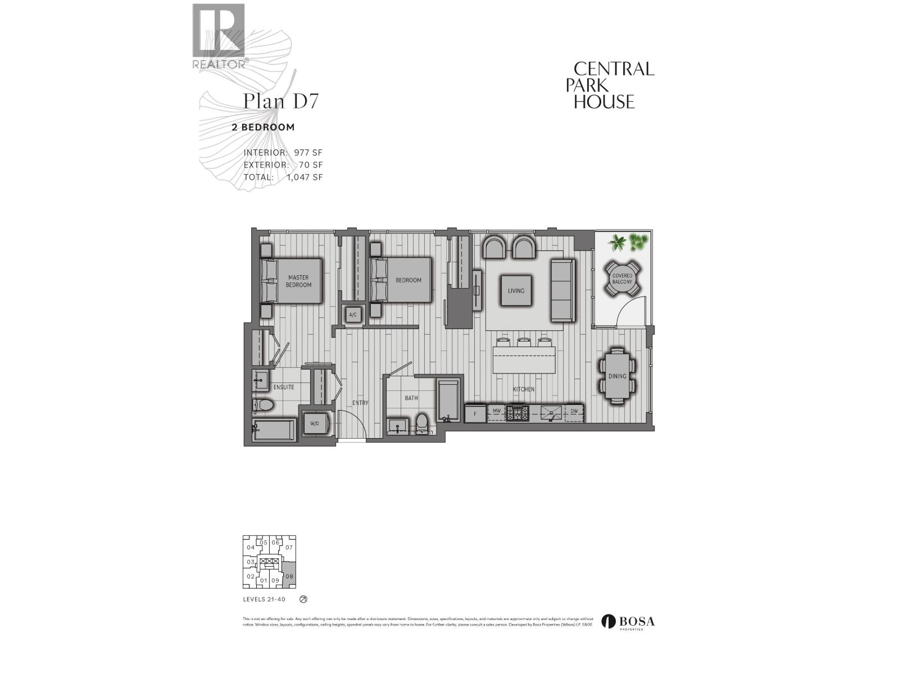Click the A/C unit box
(353, 315)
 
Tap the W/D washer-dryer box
(314, 423)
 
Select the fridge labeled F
(475, 413)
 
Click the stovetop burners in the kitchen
(518, 413)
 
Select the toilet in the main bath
(423, 423)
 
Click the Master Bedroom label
(298, 281)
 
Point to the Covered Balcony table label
(622, 279)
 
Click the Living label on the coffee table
(516, 290)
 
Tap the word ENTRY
(360, 403)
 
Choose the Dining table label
(617, 376)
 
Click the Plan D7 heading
(280, 102)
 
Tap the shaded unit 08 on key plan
(289, 576)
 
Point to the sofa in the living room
(562, 290)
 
